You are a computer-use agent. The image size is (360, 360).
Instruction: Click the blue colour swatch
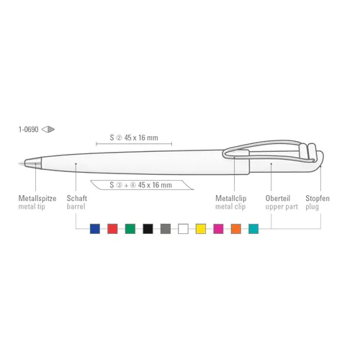click(95, 229)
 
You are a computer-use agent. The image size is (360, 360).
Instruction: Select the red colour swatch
click(112, 229)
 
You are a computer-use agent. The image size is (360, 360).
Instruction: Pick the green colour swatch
click(130, 229)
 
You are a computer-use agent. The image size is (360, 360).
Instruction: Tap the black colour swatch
click(148, 229)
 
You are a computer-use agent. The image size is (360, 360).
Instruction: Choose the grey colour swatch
click(166, 229)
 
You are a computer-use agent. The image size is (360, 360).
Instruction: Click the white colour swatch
click(183, 229)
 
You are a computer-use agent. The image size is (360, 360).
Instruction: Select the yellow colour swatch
click(201, 229)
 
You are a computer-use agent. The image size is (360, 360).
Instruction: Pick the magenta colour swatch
click(218, 229)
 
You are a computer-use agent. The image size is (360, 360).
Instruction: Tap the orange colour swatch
click(236, 229)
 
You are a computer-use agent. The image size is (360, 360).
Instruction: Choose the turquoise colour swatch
click(253, 229)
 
